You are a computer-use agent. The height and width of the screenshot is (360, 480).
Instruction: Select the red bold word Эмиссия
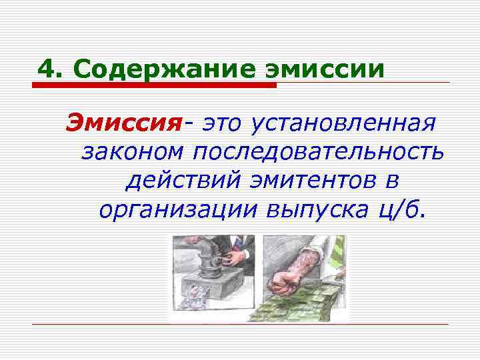(123, 123)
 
